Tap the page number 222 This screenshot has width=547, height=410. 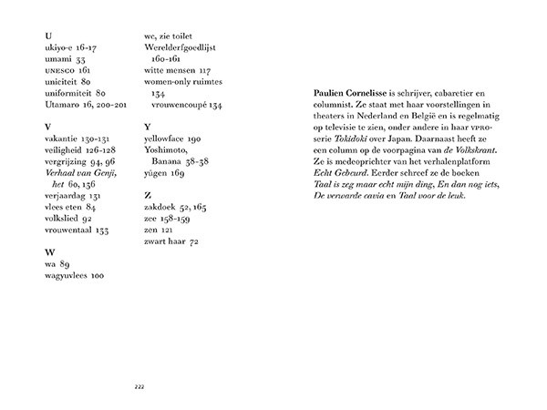point(139,386)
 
